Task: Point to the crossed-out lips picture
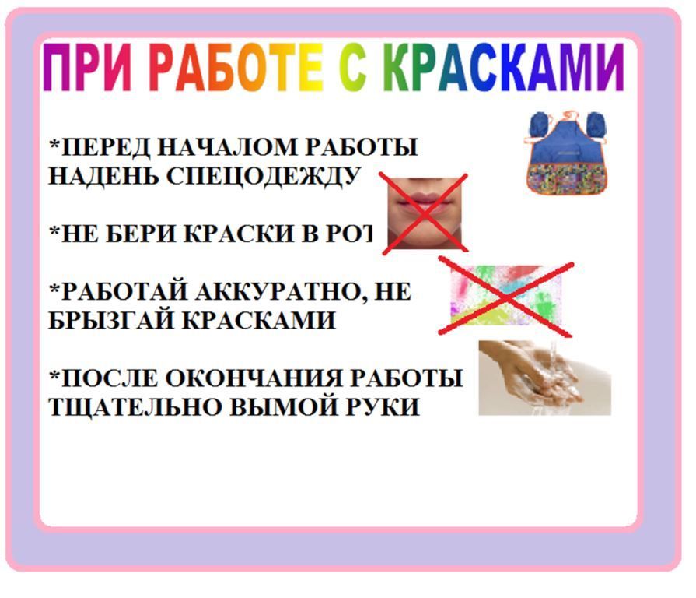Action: pyautogui.click(x=425, y=212)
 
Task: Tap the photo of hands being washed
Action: pyautogui.click(x=544, y=378)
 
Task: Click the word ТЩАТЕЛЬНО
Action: pyautogui.click(x=132, y=407)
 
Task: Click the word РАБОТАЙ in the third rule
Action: pyautogui.click(x=117, y=292)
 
